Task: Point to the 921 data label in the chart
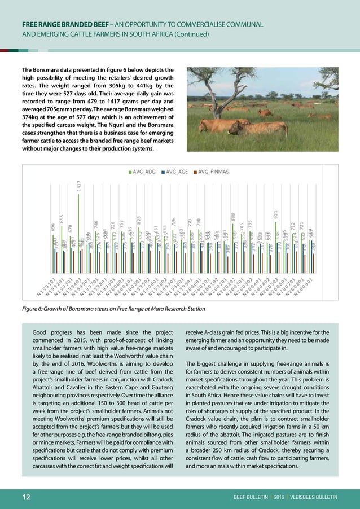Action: tap(276, 214)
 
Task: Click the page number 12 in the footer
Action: tap(26, 497)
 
